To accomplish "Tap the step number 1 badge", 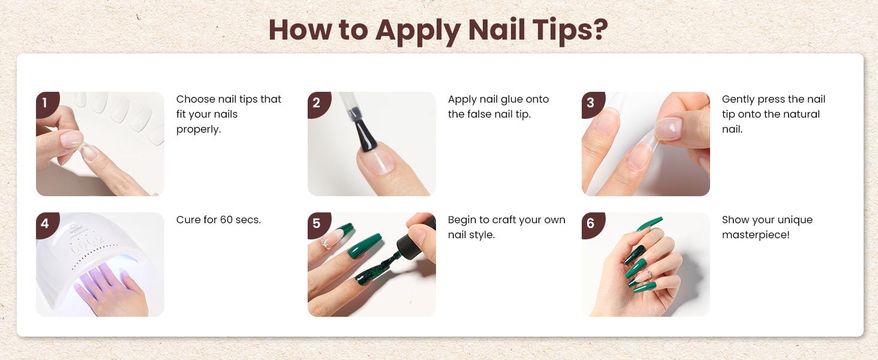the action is tap(47, 104).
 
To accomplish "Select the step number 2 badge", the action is tap(319, 104).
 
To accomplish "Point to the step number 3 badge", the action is tap(593, 104).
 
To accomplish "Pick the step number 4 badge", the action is tap(47, 225).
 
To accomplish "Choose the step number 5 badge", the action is tap(319, 225).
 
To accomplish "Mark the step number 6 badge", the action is tap(593, 225).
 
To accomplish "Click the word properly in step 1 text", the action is tap(199, 130).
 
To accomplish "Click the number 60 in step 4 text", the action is tap(226, 220).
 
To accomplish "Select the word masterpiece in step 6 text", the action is tap(756, 235).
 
